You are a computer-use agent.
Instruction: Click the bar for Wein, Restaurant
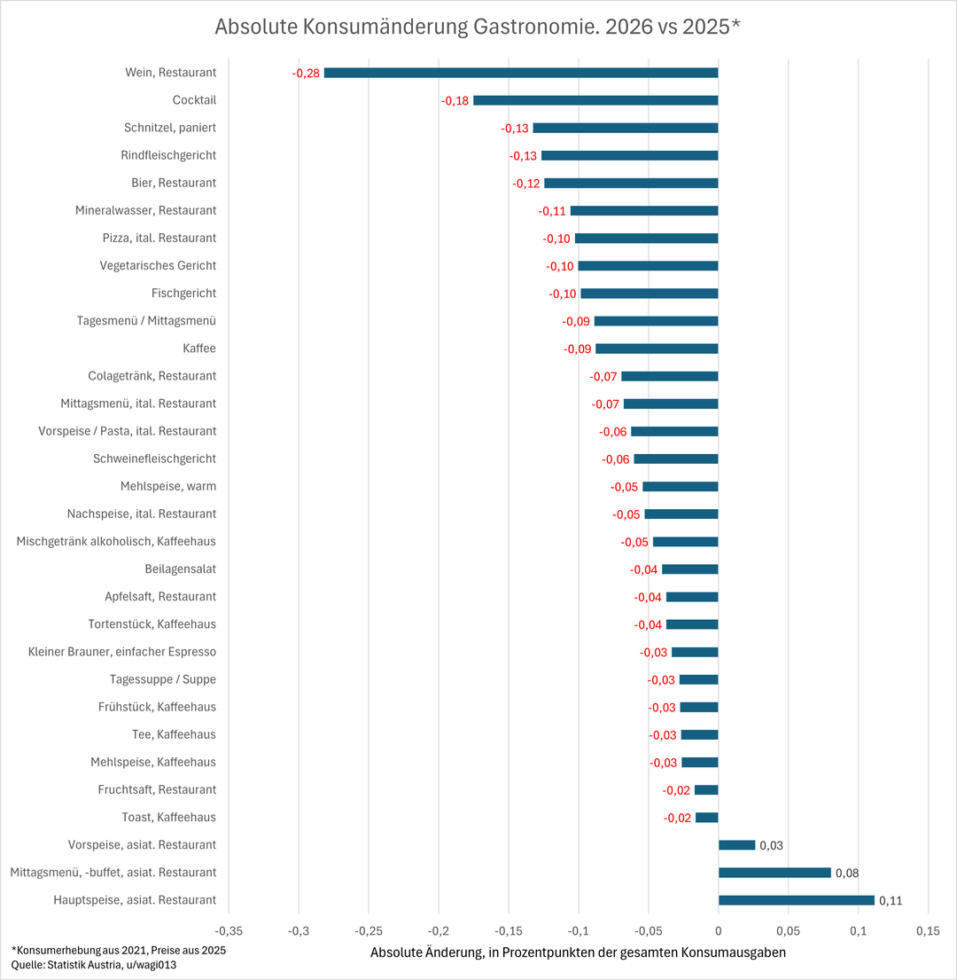tap(521, 73)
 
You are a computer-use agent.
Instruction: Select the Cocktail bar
tap(595, 100)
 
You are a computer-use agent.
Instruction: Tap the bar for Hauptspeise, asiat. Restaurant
tap(796, 900)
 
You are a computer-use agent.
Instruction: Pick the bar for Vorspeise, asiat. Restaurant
tap(736, 845)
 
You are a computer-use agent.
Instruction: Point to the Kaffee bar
tap(657, 349)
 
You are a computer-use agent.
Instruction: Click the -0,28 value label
tap(306, 73)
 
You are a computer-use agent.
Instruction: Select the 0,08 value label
tap(848, 873)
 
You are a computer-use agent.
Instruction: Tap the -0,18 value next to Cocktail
tap(455, 100)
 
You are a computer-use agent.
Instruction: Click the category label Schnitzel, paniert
tap(170, 128)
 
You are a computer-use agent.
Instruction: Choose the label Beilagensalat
tap(181, 568)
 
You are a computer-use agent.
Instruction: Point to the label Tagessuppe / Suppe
tap(163, 679)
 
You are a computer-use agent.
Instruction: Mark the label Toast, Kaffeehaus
tap(169, 817)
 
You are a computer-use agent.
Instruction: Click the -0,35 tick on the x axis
tap(229, 931)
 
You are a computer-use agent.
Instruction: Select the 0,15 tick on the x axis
tap(928, 931)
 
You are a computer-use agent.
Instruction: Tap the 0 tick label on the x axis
tap(718, 931)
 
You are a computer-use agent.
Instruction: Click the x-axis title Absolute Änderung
tap(578, 953)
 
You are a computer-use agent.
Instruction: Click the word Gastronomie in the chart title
tap(525, 27)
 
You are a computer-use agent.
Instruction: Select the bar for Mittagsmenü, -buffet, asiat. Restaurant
tap(774, 873)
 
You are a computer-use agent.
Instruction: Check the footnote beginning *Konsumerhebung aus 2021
tap(119, 950)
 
